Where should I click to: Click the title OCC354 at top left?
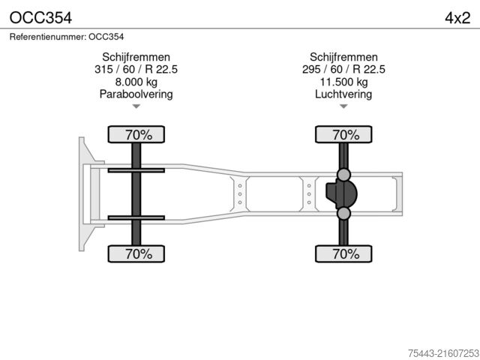coord(37,16)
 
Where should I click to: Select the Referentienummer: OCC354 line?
coord(67,36)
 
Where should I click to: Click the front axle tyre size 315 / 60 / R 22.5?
coord(136,70)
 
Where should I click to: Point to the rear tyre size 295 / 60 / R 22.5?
coord(343,70)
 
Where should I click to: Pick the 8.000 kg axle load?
coord(136,82)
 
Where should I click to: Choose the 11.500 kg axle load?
coord(343,82)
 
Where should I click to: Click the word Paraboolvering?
coord(136,94)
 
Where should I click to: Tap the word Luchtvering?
coord(343,94)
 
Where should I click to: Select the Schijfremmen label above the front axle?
coord(136,57)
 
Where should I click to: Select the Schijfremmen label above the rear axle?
coord(343,57)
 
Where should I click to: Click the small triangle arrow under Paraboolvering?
coord(136,107)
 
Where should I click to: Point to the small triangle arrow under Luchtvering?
coord(343,107)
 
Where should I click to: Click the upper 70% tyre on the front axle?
coord(138,135)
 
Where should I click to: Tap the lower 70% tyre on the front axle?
coord(138,253)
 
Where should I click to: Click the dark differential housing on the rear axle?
coord(341,194)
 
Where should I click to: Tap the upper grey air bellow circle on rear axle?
coord(343,175)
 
